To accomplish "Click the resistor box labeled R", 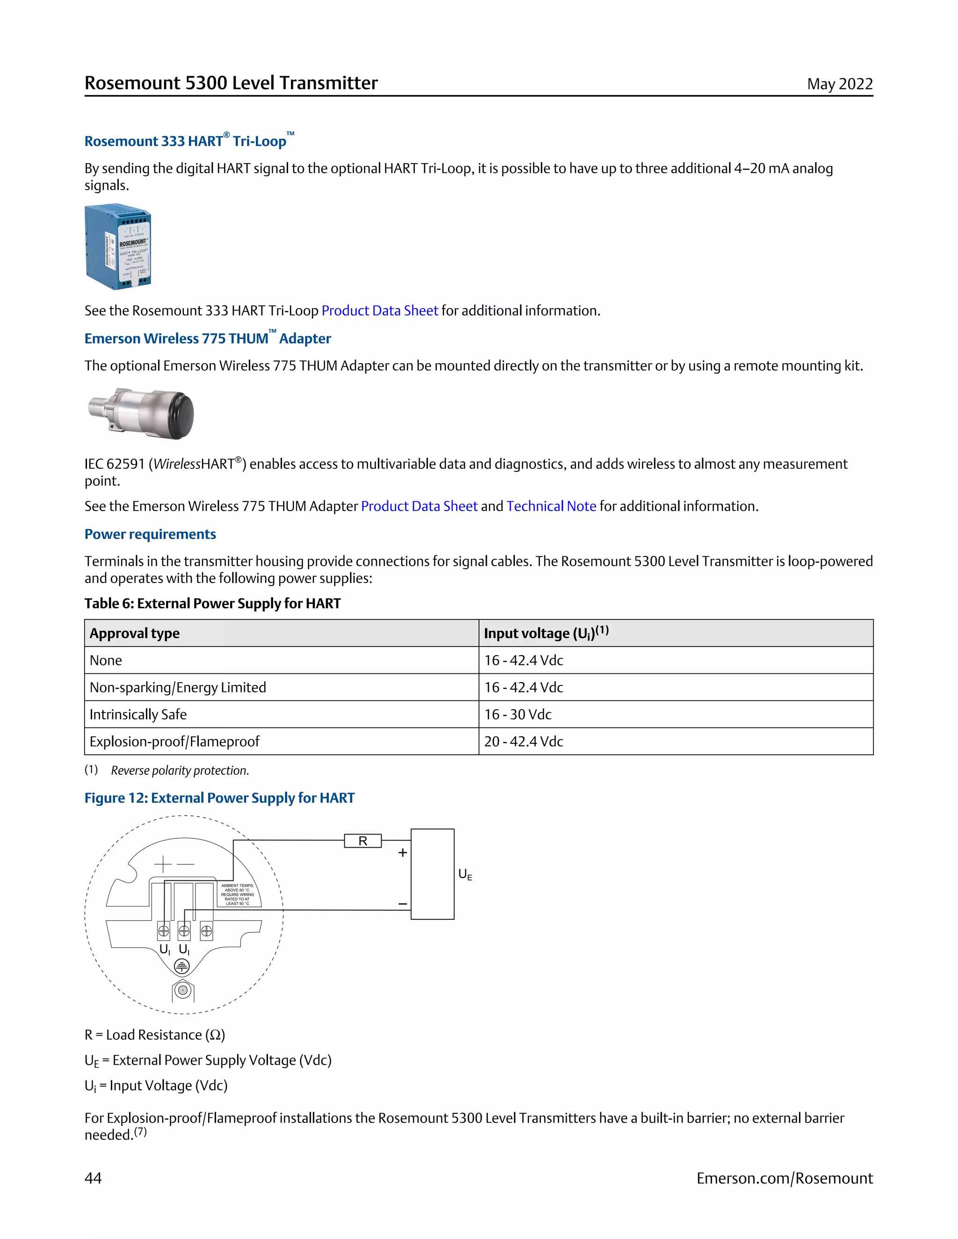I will [363, 841].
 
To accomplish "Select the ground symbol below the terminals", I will [181, 966].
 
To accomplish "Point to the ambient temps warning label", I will [238, 894].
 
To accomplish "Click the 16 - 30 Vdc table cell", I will [518, 714].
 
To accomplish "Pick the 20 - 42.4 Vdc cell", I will [523, 742].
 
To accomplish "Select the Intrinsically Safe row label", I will [138, 714].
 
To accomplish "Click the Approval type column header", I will [135, 633].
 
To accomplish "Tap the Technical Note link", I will [551, 506].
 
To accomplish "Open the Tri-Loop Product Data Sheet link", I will [380, 311].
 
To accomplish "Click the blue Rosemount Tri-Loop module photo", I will [118, 248].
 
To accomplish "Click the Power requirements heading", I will [150, 534].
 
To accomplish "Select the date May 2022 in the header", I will [839, 84].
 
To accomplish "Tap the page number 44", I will [93, 1178].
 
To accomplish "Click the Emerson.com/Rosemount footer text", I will [784, 1178].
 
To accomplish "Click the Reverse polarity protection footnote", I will [180, 771].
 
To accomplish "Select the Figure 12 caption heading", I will [219, 798].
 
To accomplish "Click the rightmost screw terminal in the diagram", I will [207, 931].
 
